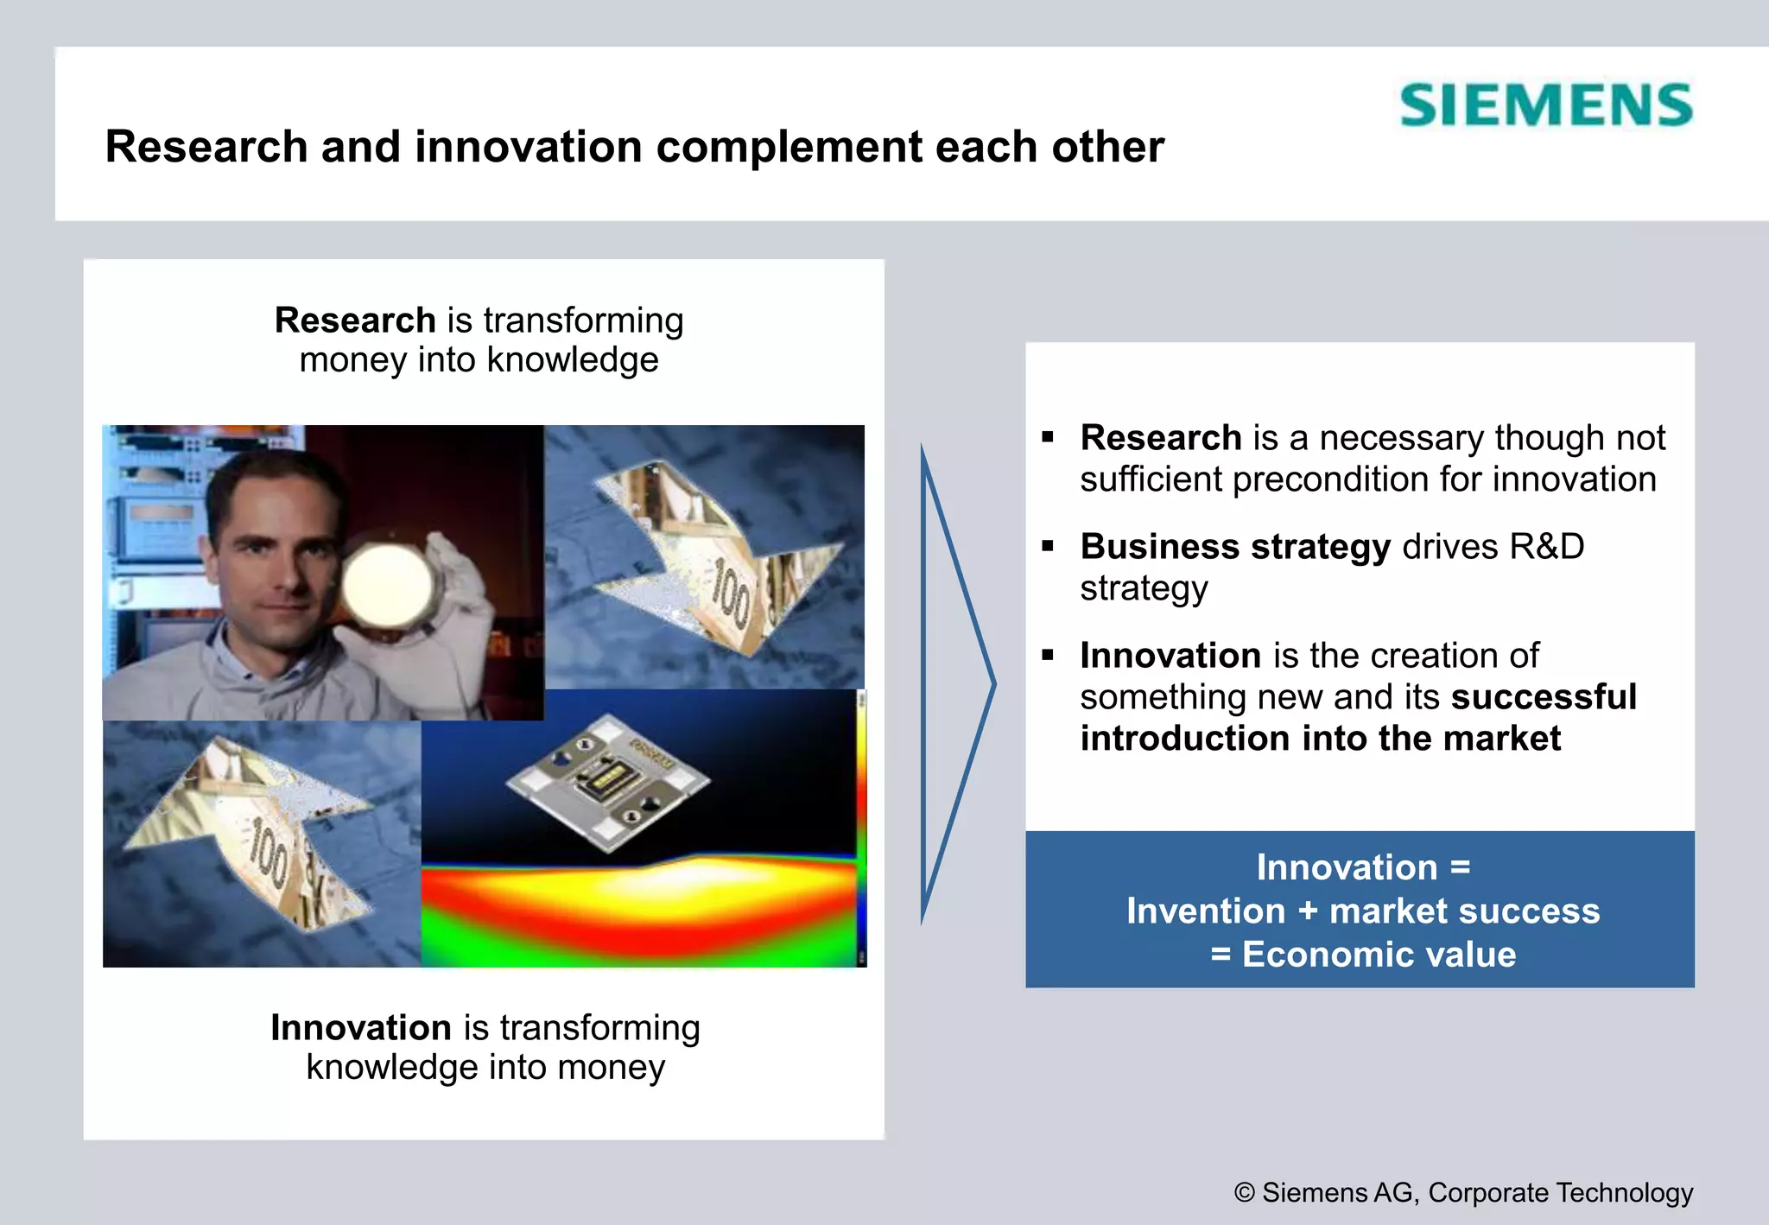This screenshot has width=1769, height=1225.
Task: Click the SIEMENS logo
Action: tap(1545, 105)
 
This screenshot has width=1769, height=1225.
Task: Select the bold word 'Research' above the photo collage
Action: tap(354, 321)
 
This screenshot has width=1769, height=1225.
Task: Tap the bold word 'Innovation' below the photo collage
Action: tap(360, 1028)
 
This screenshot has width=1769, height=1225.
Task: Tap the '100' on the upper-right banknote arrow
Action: tap(731, 593)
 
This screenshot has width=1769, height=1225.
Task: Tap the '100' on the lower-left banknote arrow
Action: tap(268, 855)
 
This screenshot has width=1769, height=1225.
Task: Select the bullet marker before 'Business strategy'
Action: tap(1048, 546)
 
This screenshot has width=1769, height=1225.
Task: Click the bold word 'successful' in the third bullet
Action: tap(1544, 697)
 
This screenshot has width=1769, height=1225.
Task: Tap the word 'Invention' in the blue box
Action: tap(1206, 911)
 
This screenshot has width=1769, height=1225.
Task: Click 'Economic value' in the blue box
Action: tap(1379, 955)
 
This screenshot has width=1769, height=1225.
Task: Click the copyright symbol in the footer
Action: tap(1244, 1193)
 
